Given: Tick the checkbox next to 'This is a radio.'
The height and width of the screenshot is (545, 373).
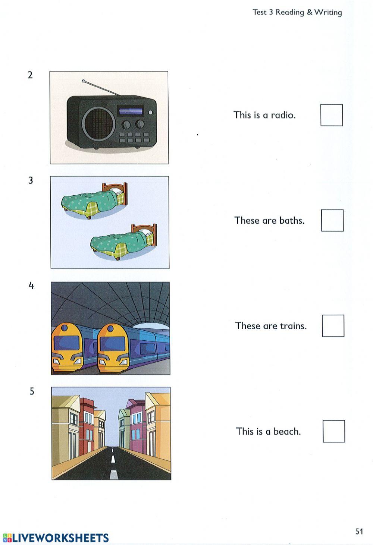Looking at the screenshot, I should click(332, 115).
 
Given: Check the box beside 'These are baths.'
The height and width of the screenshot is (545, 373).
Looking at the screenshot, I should click(332, 220).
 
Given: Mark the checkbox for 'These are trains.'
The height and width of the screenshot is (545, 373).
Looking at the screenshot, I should click(333, 326).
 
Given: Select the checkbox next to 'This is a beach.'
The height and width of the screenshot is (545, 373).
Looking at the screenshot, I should click(334, 431).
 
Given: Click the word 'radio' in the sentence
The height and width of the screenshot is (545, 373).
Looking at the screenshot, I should click(283, 115).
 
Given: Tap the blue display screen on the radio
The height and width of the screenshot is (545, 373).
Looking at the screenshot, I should click(131, 111).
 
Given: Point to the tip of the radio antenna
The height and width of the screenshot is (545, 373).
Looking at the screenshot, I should click(83, 80).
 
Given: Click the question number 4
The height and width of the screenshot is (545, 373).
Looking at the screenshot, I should click(31, 286).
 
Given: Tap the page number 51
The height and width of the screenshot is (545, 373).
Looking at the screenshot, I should click(359, 532).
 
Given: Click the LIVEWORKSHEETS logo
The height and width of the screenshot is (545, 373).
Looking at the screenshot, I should click(56, 538).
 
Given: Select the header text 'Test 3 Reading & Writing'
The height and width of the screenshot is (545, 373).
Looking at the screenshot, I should click(297, 12).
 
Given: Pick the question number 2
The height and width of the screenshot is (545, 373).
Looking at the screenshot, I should click(30, 75).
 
